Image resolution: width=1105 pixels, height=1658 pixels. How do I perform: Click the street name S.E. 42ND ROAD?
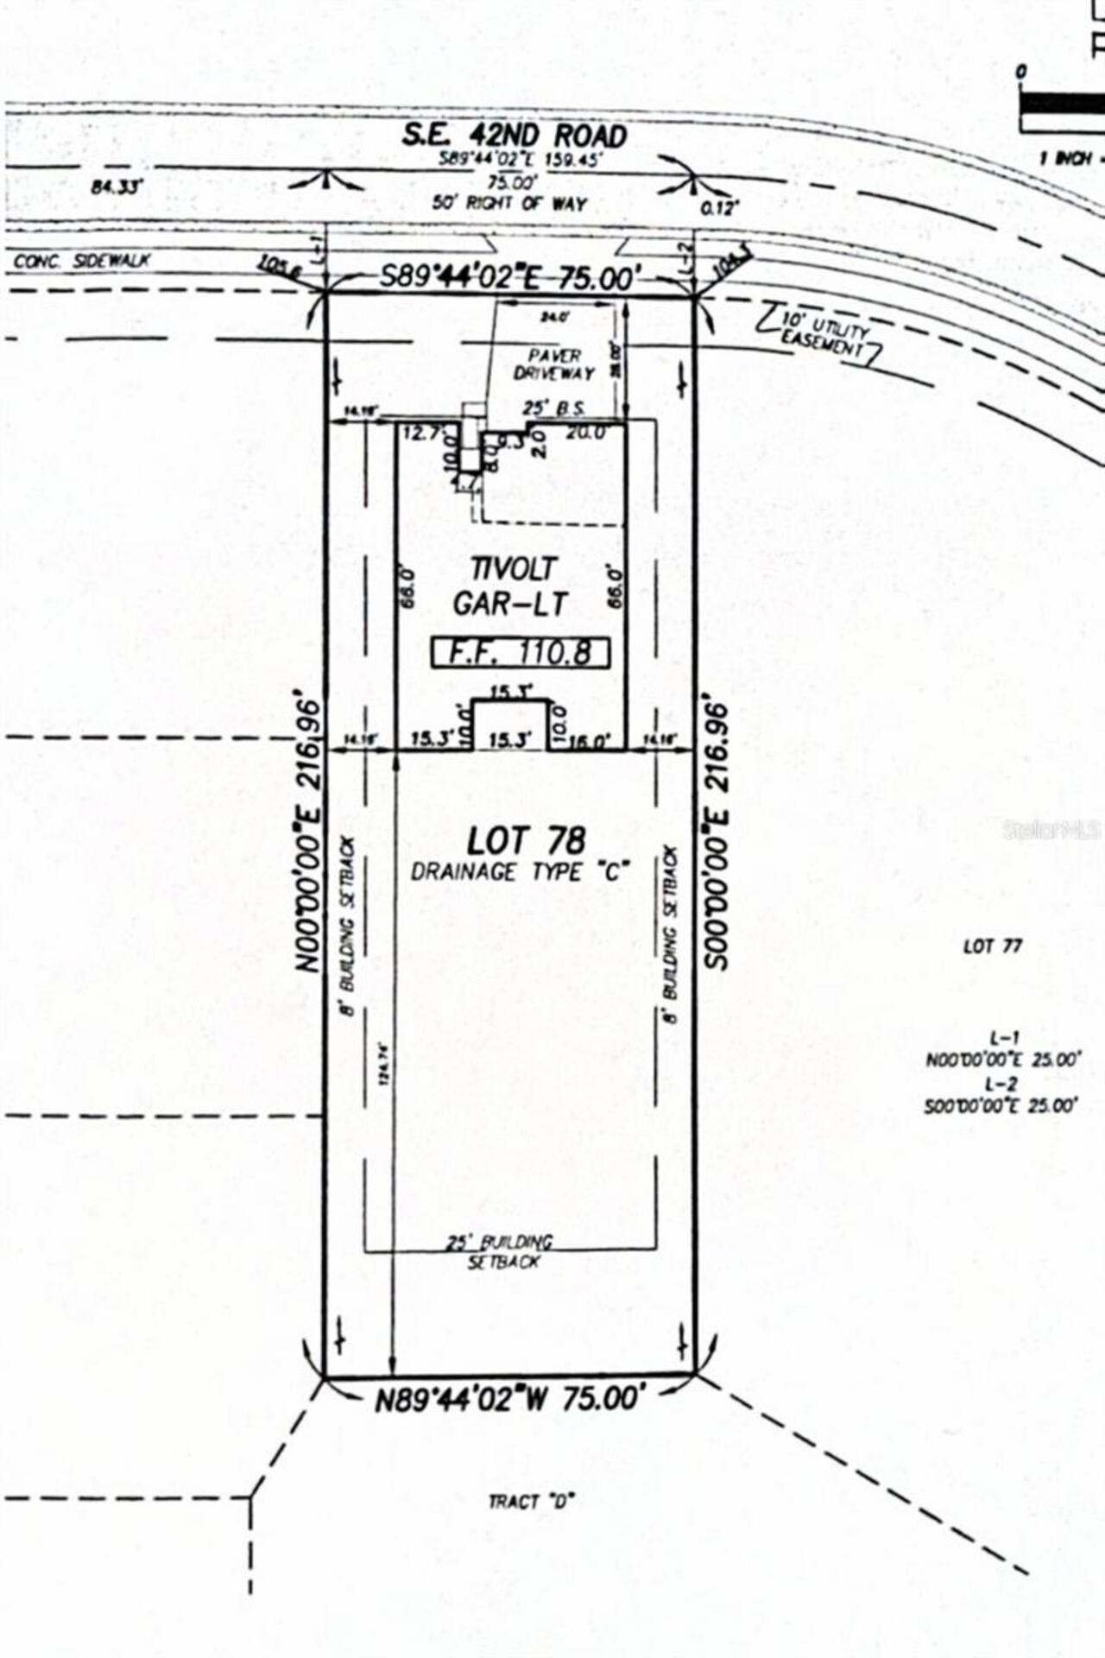(514, 136)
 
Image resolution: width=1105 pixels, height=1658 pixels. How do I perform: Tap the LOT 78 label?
(526, 841)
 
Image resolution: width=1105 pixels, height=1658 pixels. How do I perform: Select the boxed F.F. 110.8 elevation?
(521, 653)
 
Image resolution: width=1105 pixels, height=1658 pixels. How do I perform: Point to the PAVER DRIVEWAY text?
(554, 364)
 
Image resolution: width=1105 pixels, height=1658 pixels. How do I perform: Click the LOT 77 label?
(993, 946)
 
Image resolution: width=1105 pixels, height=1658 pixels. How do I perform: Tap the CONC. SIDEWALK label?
(82, 261)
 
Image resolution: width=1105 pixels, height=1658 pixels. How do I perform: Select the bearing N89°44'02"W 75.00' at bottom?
(510, 1400)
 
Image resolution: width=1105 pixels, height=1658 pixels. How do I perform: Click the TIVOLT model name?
(514, 568)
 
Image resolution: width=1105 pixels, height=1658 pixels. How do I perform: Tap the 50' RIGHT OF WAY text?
(509, 204)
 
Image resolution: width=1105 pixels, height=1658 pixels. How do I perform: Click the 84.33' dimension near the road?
(116, 187)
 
